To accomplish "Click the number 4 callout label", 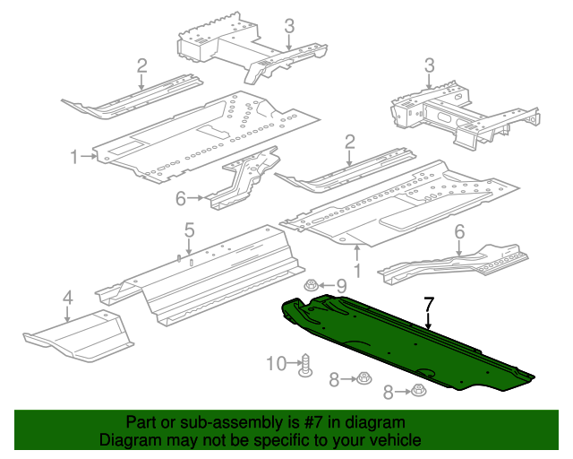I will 67,297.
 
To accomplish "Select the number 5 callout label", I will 190,229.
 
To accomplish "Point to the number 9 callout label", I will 340,286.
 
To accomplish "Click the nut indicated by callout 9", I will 310,286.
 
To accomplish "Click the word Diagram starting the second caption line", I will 128,440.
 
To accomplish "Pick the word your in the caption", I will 344,440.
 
